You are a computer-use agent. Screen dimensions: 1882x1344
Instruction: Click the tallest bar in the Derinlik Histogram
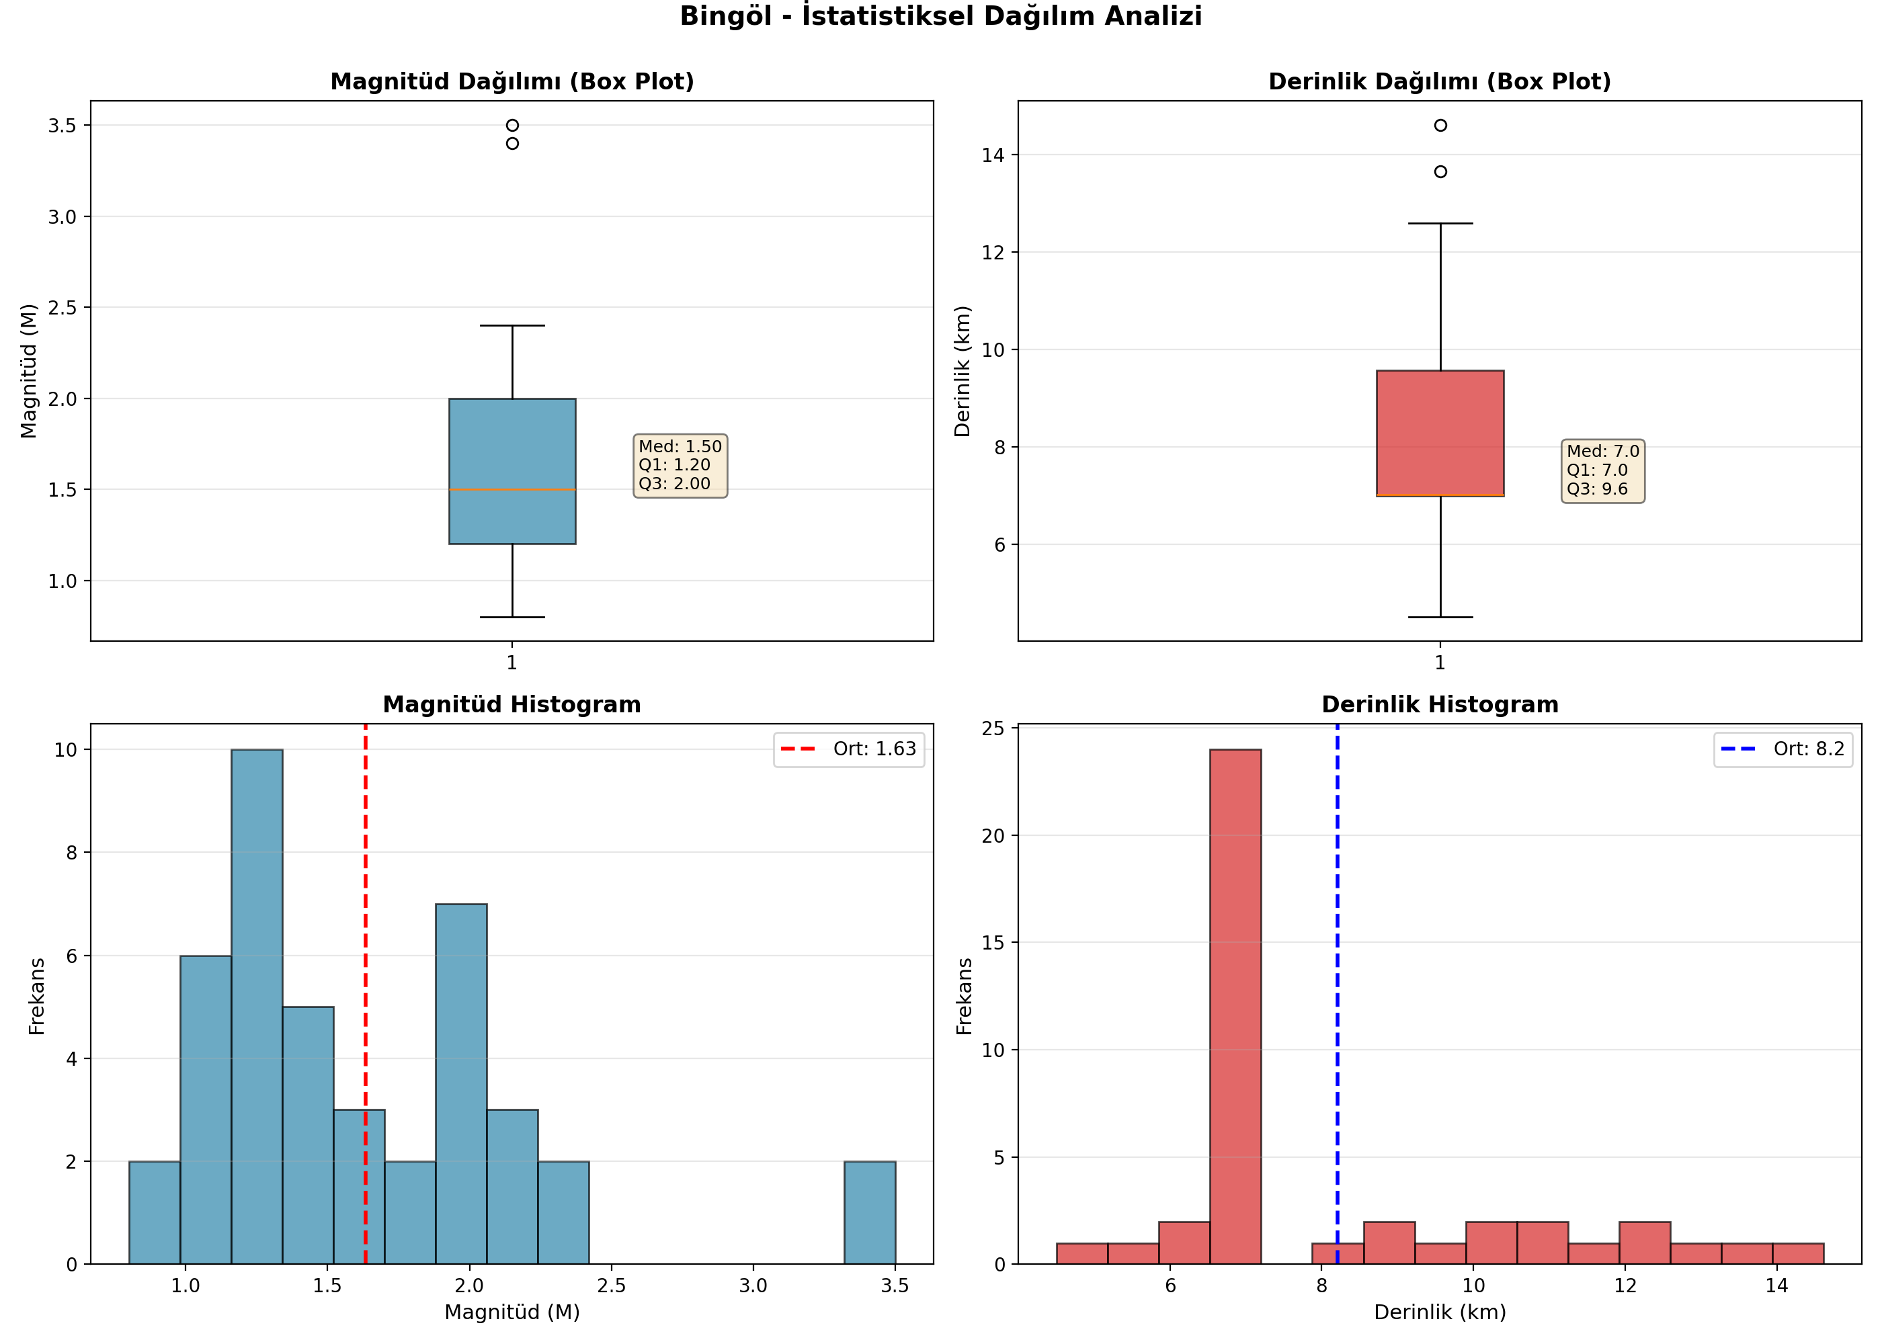click(x=1235, y=1007)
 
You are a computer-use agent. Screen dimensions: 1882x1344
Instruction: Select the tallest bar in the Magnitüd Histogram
click(x=257, y=1007)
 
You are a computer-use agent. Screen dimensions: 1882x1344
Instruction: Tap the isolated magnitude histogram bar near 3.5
click(x=870, y=1212)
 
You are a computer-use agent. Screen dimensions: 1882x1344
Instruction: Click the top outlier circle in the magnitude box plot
click(x=512, y=126)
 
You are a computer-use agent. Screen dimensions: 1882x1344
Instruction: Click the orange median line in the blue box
click(x=512, y=490)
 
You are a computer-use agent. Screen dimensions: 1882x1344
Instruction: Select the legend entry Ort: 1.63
click(x=849, y=749)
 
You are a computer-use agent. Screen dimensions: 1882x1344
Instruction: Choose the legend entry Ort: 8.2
click(x=1783, y=749)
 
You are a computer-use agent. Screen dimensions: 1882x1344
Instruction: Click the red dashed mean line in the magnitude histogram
click(x=366, y=994)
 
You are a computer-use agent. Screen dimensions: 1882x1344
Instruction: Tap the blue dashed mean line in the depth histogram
click(x=1338, y=994)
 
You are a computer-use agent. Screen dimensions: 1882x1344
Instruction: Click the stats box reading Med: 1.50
click(x=680, y=465)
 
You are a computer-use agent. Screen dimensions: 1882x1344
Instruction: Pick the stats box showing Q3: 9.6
click(x=1603, y=470)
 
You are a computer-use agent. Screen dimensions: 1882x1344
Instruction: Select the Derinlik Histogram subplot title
click(x=1440, y=704)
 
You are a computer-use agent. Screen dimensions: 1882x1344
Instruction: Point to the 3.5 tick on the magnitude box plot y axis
click(x=62, y=126)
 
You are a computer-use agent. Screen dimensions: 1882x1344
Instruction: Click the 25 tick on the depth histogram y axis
click(x=993, y=728)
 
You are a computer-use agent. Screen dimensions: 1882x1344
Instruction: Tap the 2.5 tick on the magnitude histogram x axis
click(x=612, y=1286)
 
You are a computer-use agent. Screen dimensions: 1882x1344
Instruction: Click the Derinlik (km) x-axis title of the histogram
click(x=1440, y=1312)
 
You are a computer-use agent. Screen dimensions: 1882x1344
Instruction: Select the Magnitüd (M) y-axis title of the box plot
click(x=29, y=371)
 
